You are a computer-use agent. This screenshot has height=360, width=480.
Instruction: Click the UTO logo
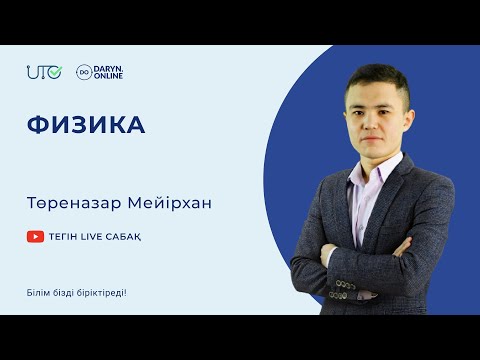pyautogui.click(x=44, y=72)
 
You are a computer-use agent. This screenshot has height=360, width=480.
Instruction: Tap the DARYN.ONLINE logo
pyautogui.click(x=100, y=72)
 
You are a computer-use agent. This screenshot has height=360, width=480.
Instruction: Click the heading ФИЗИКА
pyautogui.click(x=86, y=126)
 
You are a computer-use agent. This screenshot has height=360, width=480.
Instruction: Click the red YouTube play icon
pyautogui.click(x=36, y=237)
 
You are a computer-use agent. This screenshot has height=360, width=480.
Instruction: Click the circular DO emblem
pyautogui.click(x=84, y=72)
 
